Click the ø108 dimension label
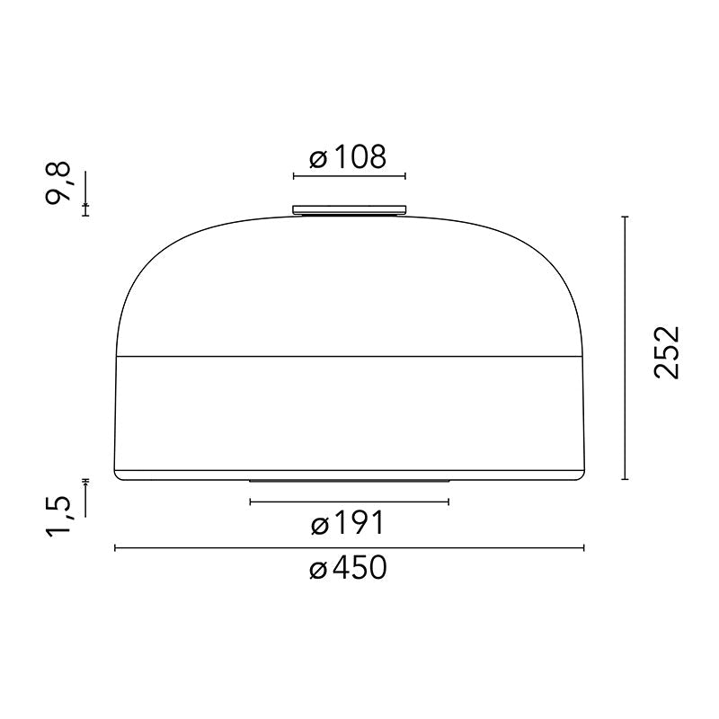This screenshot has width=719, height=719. pos(348,159)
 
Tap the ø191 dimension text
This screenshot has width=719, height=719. pos(348,523)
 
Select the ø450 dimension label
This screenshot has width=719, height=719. pos(348,568)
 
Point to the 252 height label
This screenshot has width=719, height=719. pos(668,352)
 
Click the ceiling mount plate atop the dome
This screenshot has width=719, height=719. pos(350,210)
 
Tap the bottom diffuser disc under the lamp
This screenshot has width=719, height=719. pos(349,480)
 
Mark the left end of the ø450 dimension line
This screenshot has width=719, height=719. pos(115,547)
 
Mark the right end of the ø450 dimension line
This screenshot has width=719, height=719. pos(584,547)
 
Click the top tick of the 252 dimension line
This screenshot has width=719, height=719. pos(625,217)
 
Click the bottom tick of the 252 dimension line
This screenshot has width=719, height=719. pos(625,479)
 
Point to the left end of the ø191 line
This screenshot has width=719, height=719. pos(250,502)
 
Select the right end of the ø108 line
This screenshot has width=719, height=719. pos(405,175)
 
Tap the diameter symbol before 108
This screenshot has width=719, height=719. pos(317,161)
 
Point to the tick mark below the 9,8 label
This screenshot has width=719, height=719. pos(85,208)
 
